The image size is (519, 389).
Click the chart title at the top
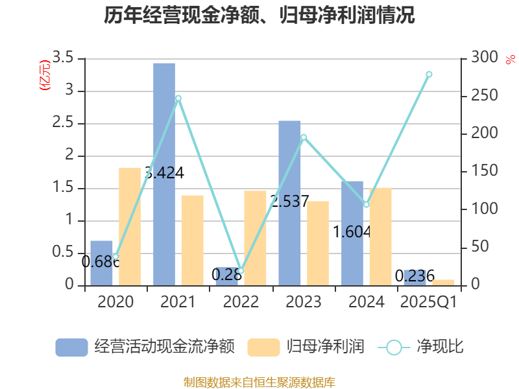(x=259, y=16)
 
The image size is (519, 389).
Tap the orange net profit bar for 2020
(x=130, y=226)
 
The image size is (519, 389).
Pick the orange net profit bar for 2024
(x=380, y=237)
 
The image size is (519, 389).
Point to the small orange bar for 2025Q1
(x=443, y=282)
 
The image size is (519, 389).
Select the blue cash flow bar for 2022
(x=227, y=276)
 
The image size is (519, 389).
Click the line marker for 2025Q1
(x=429, y=75)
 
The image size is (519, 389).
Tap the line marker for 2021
(x=178, y=99)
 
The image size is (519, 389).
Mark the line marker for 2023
(x=304, y=137)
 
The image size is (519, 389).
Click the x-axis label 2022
(x=241, y=302)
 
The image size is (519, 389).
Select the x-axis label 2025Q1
(x=428, y=302)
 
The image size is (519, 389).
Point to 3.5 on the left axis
(x=64, y=58)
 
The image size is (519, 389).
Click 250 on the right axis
(x=481, y=96)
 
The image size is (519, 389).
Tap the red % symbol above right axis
(x=510, y=60)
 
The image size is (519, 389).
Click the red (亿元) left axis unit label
(x=45, y=76)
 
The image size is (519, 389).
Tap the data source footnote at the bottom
(x=259, y=382)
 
